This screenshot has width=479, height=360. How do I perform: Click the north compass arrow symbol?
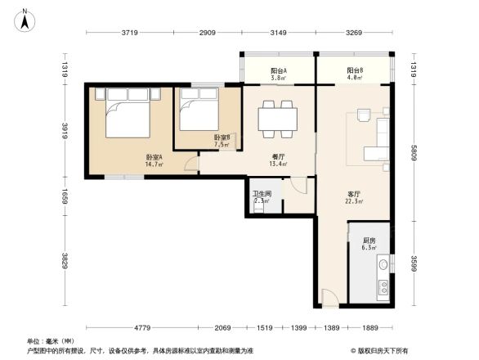(25, 18)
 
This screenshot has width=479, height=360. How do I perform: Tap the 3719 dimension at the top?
(128, 34)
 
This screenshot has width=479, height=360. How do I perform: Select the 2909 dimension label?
(207, 34)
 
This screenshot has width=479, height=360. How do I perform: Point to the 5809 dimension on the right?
(414, 152)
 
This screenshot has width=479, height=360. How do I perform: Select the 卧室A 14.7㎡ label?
(154, 160)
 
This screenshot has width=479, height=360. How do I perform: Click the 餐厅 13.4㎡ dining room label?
(278, 160)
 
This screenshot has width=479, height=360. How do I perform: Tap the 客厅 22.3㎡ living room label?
(354, 198)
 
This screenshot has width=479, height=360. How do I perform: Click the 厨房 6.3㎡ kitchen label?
(369, 243)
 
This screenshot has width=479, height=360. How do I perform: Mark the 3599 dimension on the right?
(414, 263)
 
